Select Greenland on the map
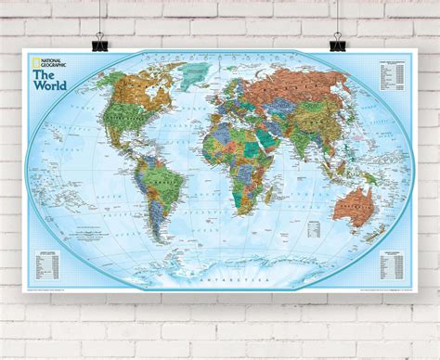191,79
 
